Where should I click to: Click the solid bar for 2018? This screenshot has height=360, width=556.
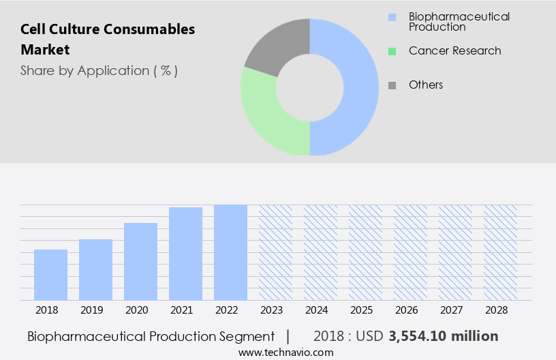point(50,275)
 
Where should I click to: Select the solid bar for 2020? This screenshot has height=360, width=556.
point(140,262)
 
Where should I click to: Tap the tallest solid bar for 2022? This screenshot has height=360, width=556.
point(230,252)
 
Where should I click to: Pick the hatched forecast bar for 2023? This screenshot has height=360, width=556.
point(275,252)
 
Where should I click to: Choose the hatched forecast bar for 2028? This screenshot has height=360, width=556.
point(500,252)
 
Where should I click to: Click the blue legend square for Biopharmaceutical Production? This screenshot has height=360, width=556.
point(392,17)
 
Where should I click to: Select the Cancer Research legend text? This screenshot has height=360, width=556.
point(454,51)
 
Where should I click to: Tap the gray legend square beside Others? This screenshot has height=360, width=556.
point(392,85)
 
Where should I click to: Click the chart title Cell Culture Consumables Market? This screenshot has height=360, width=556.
point(108,40)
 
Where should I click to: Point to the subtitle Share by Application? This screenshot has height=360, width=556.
point(99,71)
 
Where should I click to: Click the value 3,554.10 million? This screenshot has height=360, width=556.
point(443,336)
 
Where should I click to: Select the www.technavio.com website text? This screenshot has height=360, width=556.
point(286,352)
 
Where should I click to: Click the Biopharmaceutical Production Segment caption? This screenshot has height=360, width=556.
point(151,336)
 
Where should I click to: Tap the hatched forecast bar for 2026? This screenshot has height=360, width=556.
point(410,252)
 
